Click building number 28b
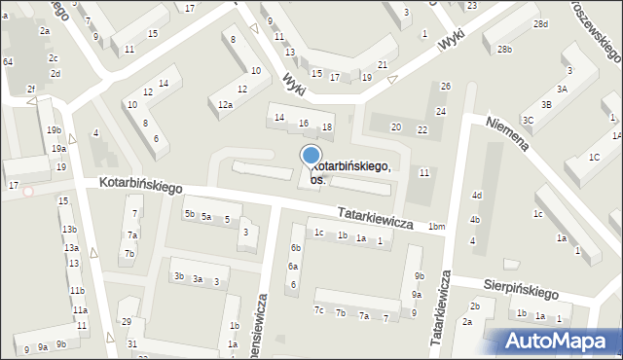coord(503,49)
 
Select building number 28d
coord(540,23)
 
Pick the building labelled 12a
coord(225,104)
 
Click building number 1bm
coord(436,226)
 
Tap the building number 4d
coord(476,196)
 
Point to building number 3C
coord(528,120)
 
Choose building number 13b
coord(68,230)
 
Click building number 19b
coord(54,129)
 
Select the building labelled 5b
coord(190,213)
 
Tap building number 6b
coord(295,248)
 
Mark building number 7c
coord(318,310)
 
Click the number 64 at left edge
coord(7,61)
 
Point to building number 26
coord(445,87)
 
